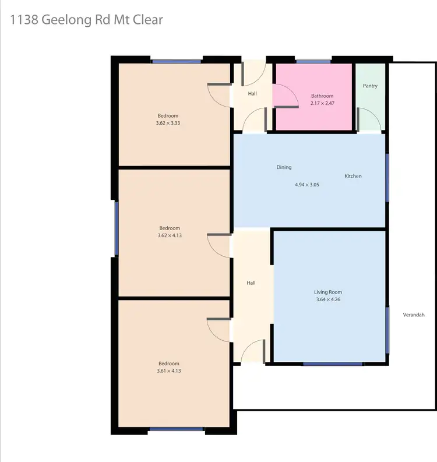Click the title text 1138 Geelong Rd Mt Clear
(86, 20)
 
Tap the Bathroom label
(322, 96)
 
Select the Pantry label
(370, 86)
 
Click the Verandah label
(414, 315)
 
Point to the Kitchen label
(353, 176)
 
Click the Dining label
(284, 167)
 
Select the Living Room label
(328, 292)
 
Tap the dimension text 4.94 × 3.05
(307, 184)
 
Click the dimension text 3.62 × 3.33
(168, 123)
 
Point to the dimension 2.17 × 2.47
(322, 104)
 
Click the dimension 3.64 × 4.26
(328, 300)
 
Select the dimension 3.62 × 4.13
(169, 235)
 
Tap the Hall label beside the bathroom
(252, 93)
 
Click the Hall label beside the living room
(251, 283)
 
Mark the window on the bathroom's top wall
(313, 61)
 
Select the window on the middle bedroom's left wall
(117, 228)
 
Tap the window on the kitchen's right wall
(387, 177)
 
